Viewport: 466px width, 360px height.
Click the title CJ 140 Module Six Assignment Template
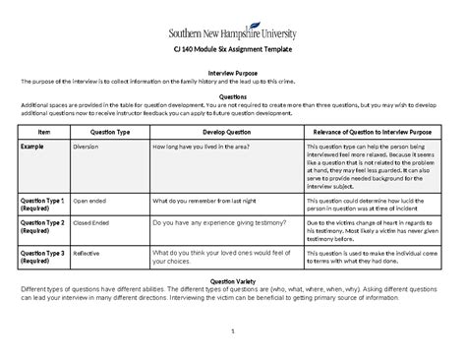tap(232, 49)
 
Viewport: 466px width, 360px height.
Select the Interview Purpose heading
tap(232, 72)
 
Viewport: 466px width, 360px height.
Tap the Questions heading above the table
tap(232, 96)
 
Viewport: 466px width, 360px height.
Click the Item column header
tap(43, 130)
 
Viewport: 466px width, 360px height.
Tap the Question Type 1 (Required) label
tap(43, 204)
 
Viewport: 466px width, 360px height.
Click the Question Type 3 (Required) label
tap(43, 258)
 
